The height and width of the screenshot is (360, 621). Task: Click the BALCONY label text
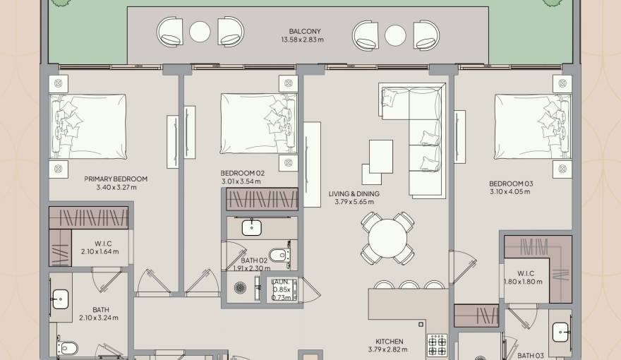pos(304,31)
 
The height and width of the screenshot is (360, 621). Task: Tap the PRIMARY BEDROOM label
pos(116,179)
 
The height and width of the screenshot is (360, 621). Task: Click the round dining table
pos(387,239)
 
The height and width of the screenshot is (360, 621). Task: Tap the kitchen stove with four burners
pos(438,344)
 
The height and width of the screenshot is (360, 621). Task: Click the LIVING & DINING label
pos(354,193)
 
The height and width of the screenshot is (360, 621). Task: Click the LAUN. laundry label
pos(281,282)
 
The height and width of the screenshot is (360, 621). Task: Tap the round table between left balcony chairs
pos(200,32)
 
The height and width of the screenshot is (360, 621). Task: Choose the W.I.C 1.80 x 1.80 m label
pos(523,277)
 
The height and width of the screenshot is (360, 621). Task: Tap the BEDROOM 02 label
pos(242,173)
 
